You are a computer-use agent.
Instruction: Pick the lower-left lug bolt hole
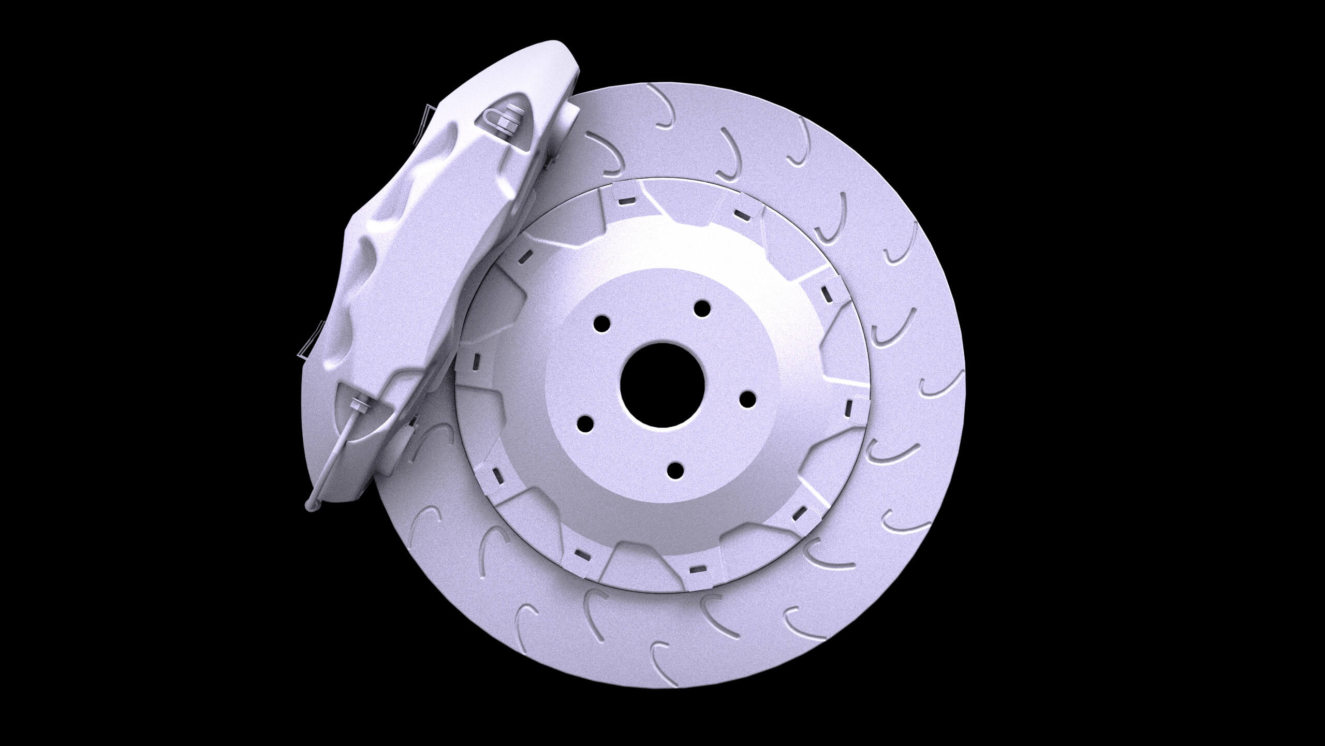585,423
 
